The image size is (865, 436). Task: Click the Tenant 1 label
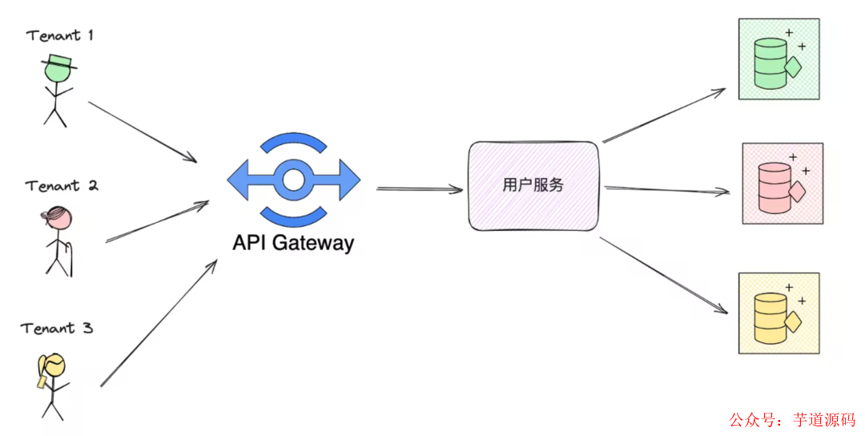point(59,35)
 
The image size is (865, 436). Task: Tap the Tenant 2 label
point(62,186)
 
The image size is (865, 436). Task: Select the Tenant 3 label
point(57,329)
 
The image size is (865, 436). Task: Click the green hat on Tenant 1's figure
point(58,62)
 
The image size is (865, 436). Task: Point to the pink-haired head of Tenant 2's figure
point(58,216)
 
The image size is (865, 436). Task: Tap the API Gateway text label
point(293,242)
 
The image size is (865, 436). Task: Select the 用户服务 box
point(533,185)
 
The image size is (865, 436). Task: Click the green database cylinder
point(770,64)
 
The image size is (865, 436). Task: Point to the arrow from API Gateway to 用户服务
point(419,189)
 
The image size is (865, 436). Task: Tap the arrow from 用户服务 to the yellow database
point(663,273)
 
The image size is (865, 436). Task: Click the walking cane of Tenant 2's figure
point(69,255)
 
